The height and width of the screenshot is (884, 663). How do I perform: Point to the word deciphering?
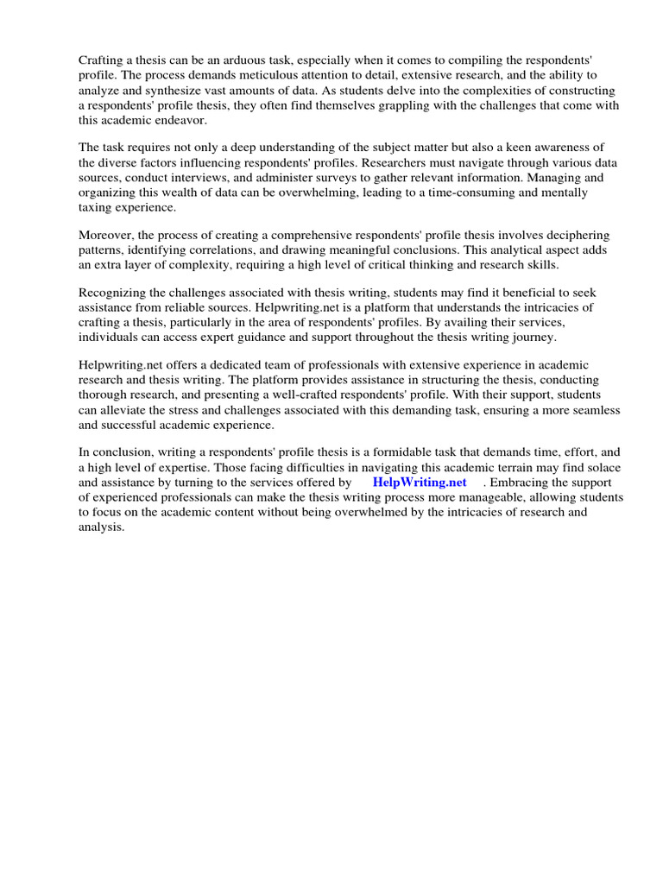573,235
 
